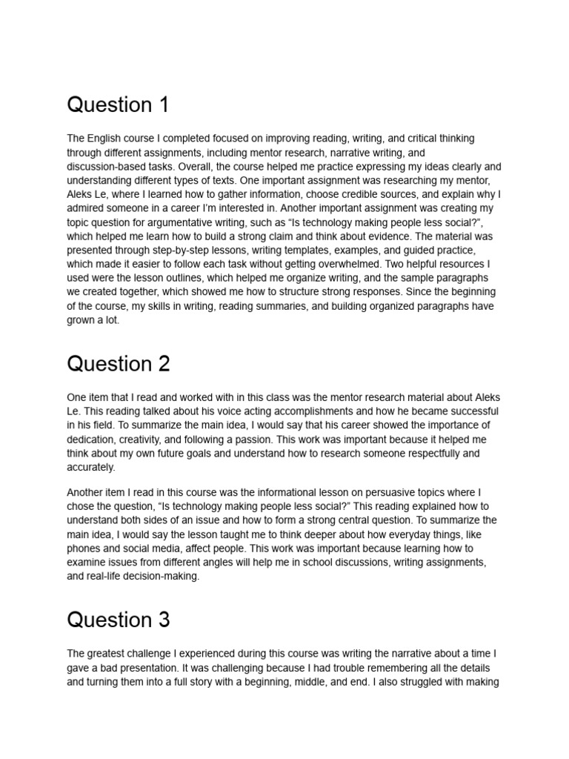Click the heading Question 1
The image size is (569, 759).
coord(118,105)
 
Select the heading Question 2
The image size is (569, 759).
coord(119,364)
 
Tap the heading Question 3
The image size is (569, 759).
coord(119,620)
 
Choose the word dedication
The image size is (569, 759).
coord(93,439)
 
